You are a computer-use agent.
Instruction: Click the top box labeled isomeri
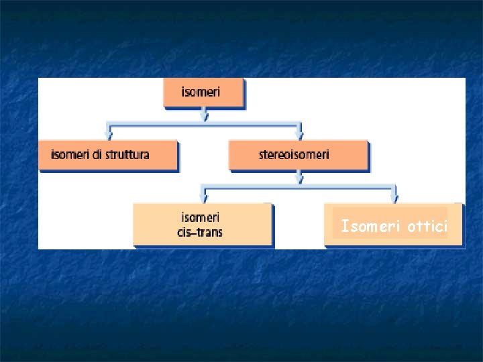pyautogui.click(x=203, y=93)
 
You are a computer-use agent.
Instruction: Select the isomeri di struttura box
pyautogui.click(x=107, y=155)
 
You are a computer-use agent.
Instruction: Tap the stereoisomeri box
pyautogui.click(x=299, y=155)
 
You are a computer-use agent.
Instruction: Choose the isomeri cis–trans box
pyautogui.click(x=203, y=225)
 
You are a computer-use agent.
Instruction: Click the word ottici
pyautogui.click(x=427, y=227)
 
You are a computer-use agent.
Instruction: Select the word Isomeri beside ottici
pyautogui.click(x=370, y=227)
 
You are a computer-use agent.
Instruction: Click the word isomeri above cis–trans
pyautogui.click(x=200, y=217)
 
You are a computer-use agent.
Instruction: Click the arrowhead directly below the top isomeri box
pyautogui.click(x=205, y=116)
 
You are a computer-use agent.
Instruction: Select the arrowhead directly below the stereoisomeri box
pyautogui.click(x=300, y=179)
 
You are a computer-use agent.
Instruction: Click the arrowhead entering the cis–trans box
pyautogui.click(x=204, y=198)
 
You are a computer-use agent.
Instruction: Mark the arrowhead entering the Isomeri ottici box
pyautogui.click(x=394, y=198)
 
